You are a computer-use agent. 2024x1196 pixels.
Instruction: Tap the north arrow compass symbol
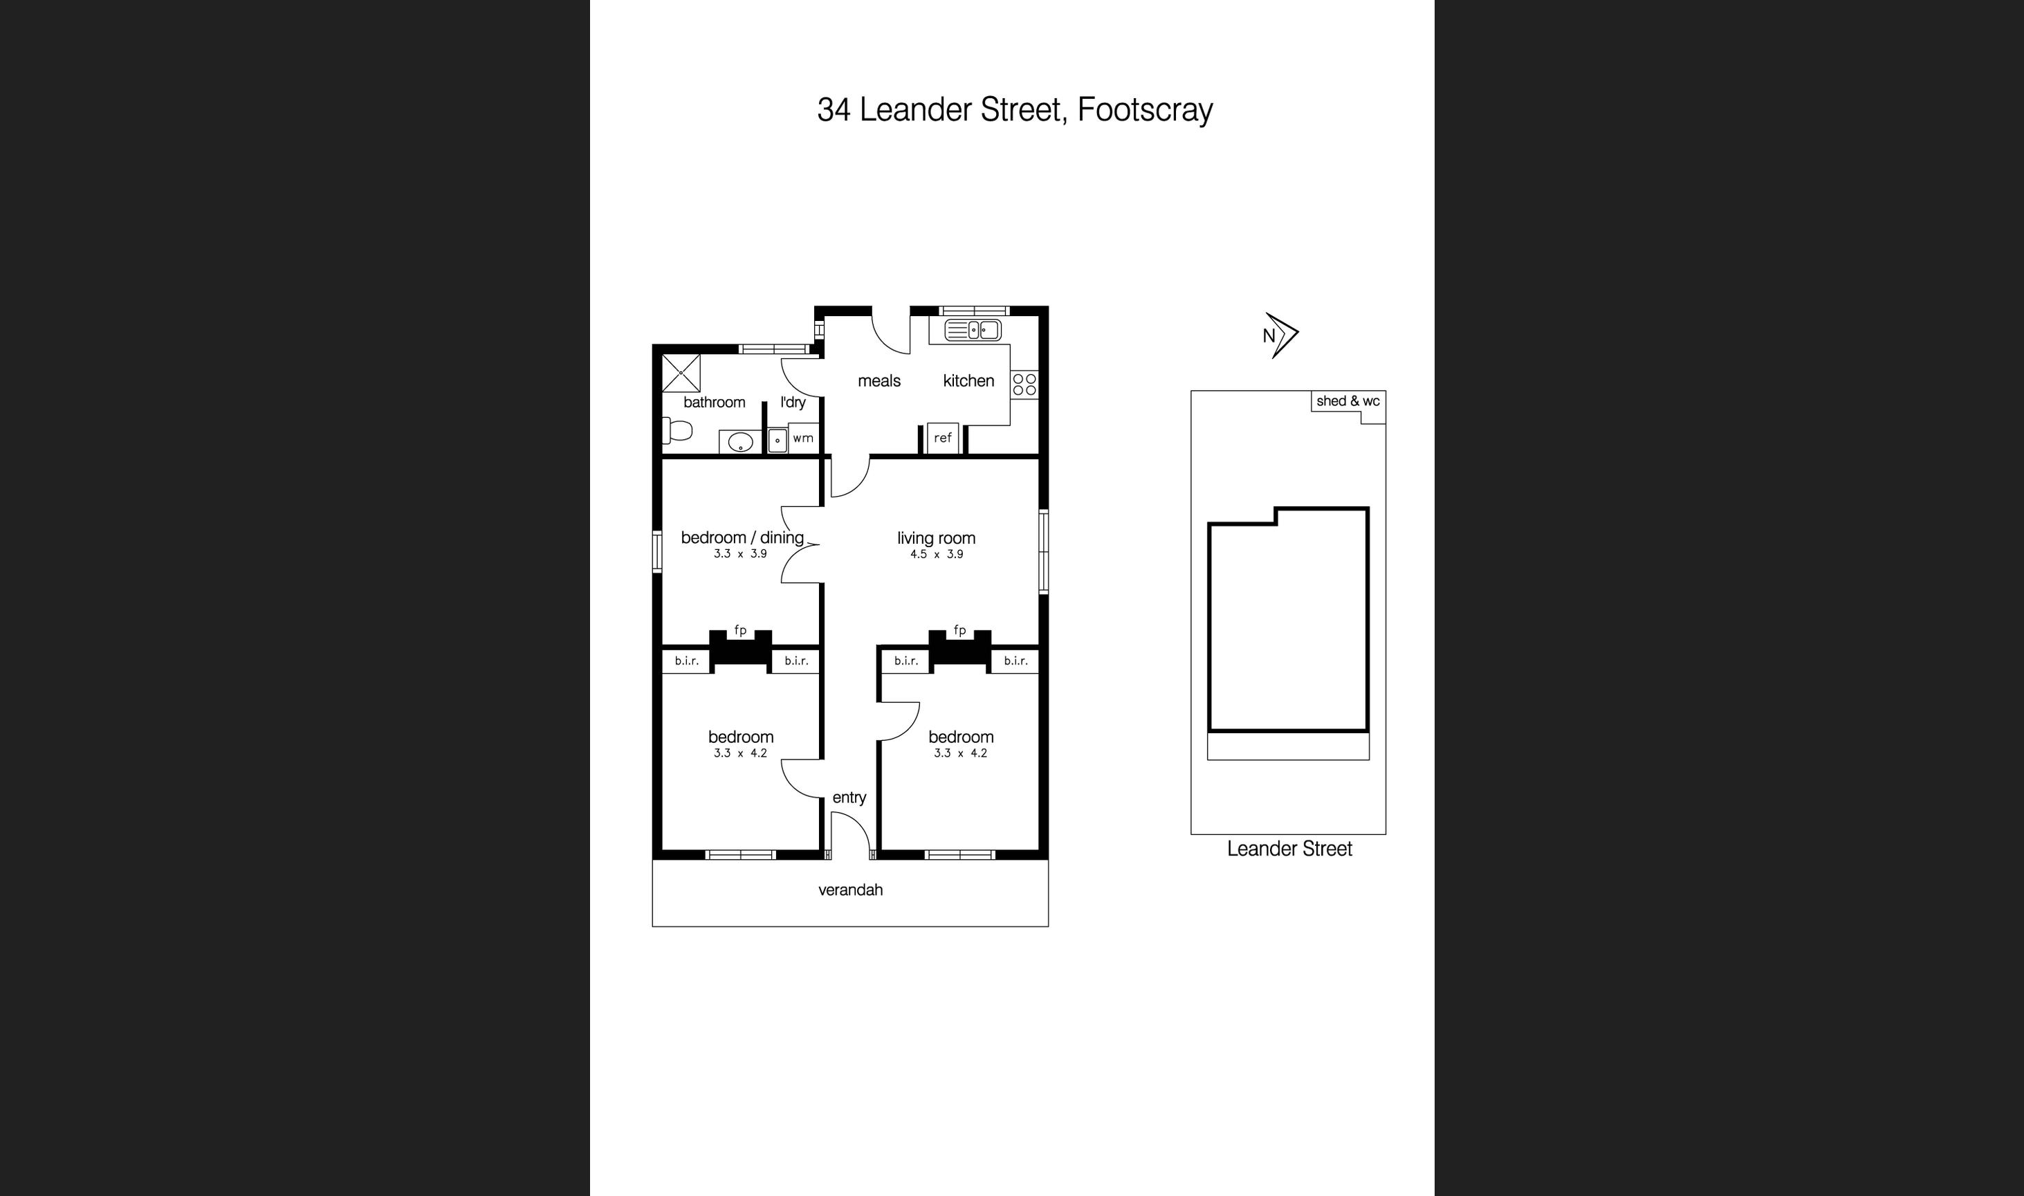[1280, 335]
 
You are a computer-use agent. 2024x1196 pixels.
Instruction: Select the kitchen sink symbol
[973, 330]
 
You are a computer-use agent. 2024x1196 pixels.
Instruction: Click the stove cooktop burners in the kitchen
[1024, 384]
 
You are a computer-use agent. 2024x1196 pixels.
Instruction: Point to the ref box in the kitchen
[943, 438]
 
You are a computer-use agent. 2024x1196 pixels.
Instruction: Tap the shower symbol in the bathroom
[681, 373]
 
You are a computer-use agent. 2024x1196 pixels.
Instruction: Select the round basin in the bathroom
[739, 441]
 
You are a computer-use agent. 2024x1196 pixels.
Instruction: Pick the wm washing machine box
[802, 438]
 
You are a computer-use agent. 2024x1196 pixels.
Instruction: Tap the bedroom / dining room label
[742, 537]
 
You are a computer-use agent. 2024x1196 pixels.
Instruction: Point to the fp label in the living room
[959, 630]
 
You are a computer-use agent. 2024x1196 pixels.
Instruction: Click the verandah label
[850, 890]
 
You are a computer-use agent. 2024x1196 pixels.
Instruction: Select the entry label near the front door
[849, 797]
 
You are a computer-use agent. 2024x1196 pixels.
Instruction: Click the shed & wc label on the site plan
[1348, 401]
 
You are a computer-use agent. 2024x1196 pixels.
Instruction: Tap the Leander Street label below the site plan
[1289, 849]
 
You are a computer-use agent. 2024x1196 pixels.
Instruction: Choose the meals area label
[879, 380]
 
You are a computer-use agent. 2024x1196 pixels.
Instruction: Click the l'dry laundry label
[793, 402]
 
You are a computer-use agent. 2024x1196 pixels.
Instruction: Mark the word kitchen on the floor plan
[968, 380]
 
